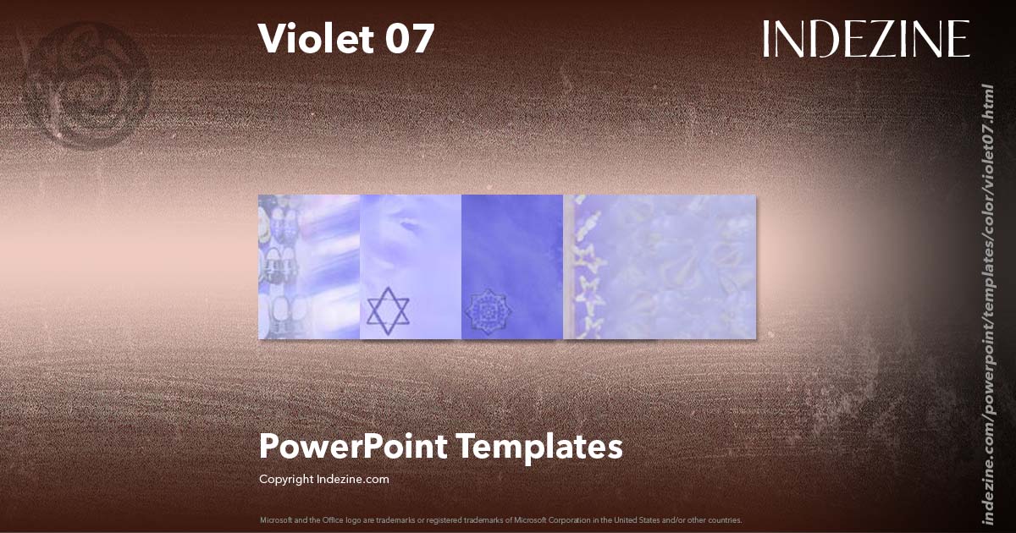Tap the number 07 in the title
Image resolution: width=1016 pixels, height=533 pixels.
tap(411, 39)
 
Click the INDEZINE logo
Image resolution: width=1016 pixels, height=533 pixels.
tap(865, 39)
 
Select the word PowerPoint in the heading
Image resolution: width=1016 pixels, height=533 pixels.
tap(354, 447)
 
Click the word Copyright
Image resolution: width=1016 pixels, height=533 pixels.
tap(286, 479)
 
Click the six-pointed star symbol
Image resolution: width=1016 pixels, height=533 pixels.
tap(388, 310)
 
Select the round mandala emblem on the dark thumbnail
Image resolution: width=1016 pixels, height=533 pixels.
tap(484, 311)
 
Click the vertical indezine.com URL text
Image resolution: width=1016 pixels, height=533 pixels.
tap(987, 305)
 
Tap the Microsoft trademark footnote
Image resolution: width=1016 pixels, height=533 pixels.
tap(500, 519)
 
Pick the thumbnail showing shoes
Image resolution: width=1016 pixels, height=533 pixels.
tap(308, 267)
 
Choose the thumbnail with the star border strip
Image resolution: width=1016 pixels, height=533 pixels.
tap(660, 267)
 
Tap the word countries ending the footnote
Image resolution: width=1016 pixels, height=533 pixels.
tap(730, 519)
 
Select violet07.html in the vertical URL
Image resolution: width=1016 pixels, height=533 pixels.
tap(987, 127)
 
